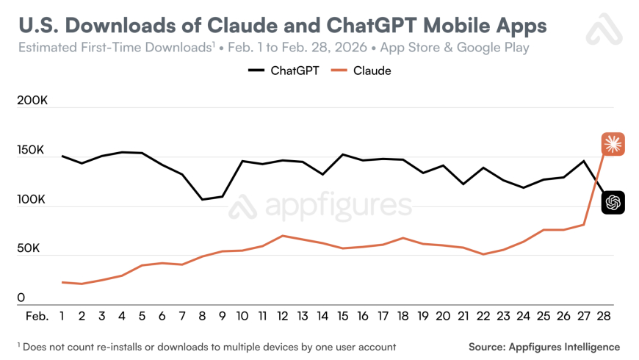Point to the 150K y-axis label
click(x=31, y=150)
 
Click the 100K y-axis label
click(x=31, y=199)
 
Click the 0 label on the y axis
click(x=21, y=298)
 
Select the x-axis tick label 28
click(x=604, y=316)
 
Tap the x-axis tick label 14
click(x=322, y=316)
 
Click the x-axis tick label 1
click(x=62, y=316)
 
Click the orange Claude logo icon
click(x=613, y=143)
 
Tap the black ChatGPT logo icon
click(x=613, y=202)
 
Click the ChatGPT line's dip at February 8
click(x=203, y=199)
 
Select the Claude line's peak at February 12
click(x=283, y=236)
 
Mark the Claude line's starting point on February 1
click(x=62, y=282)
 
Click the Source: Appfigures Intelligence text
click(x=544, y=347)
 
